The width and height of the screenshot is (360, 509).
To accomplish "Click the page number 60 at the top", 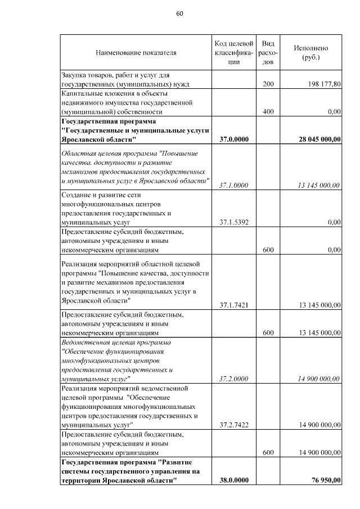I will coord(180,13).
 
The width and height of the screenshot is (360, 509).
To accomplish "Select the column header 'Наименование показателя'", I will coord(136,53).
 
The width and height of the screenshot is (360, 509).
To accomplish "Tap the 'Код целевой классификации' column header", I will coord(233,53).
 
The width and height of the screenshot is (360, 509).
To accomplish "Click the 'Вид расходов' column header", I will coord(268,53).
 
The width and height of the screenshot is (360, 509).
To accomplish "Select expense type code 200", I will coord(268,84).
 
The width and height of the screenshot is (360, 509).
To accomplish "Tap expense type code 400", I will coord(268,112).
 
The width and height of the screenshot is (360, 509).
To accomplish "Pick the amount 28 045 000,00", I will coord(317,139).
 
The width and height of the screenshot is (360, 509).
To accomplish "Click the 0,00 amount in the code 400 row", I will coord(335,112).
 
